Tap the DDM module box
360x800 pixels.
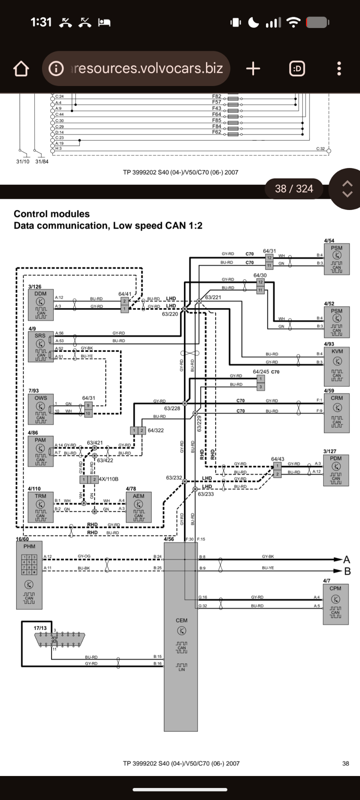pyautogui.click(x=41, y=305)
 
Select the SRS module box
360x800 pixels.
pyautogui.click(x=40, y=347)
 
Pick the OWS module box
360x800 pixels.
pyautogui.click(x=41, y=409)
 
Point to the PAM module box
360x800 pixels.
pyautogui.click(x=40, y=451)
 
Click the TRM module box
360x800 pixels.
pyautogui.click(x=40, y=507)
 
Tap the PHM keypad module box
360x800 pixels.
pyautogui.click(x=29, y=575)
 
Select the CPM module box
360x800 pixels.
pyautogui.click(x=335, y=604)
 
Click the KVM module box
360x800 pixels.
pyautogui.click(x=337, y=366)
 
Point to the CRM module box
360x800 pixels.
pyautogui.click(x=337, y=413)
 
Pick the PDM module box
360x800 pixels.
pyautogui.click(x=336, y=470)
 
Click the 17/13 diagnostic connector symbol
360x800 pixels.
pyautogui.click(x=60, y=639)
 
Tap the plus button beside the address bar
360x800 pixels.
pyautogui.click(x=253, y=68)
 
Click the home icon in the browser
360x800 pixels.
pyautogui.click(x=21, y=68)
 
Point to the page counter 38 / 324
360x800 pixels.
pyautogui.click(x=294, y=188)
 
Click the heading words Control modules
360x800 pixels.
pyautogui.click(x=52, y=214)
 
